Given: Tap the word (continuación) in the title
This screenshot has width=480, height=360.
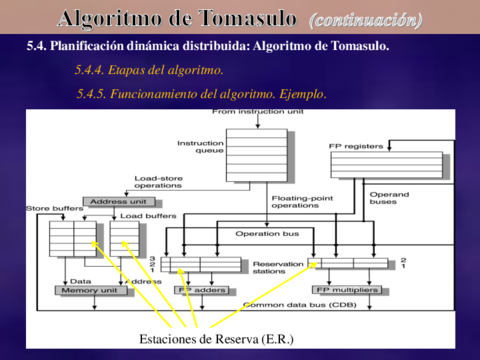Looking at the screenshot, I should coord(366,19).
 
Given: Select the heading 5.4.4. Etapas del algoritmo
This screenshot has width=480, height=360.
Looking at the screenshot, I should coord(149,70).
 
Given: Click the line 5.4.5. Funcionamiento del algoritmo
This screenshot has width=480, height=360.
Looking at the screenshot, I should coord(201,93).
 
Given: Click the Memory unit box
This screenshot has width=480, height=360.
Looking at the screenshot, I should coord(91,291).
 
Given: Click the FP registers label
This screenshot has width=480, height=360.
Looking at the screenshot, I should coord(356,146).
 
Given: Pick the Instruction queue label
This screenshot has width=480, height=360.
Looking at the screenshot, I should coord(200,148).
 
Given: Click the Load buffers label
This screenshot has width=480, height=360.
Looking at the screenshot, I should coord(147,215).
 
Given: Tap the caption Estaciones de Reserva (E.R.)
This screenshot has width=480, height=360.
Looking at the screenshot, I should coord(215,340).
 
